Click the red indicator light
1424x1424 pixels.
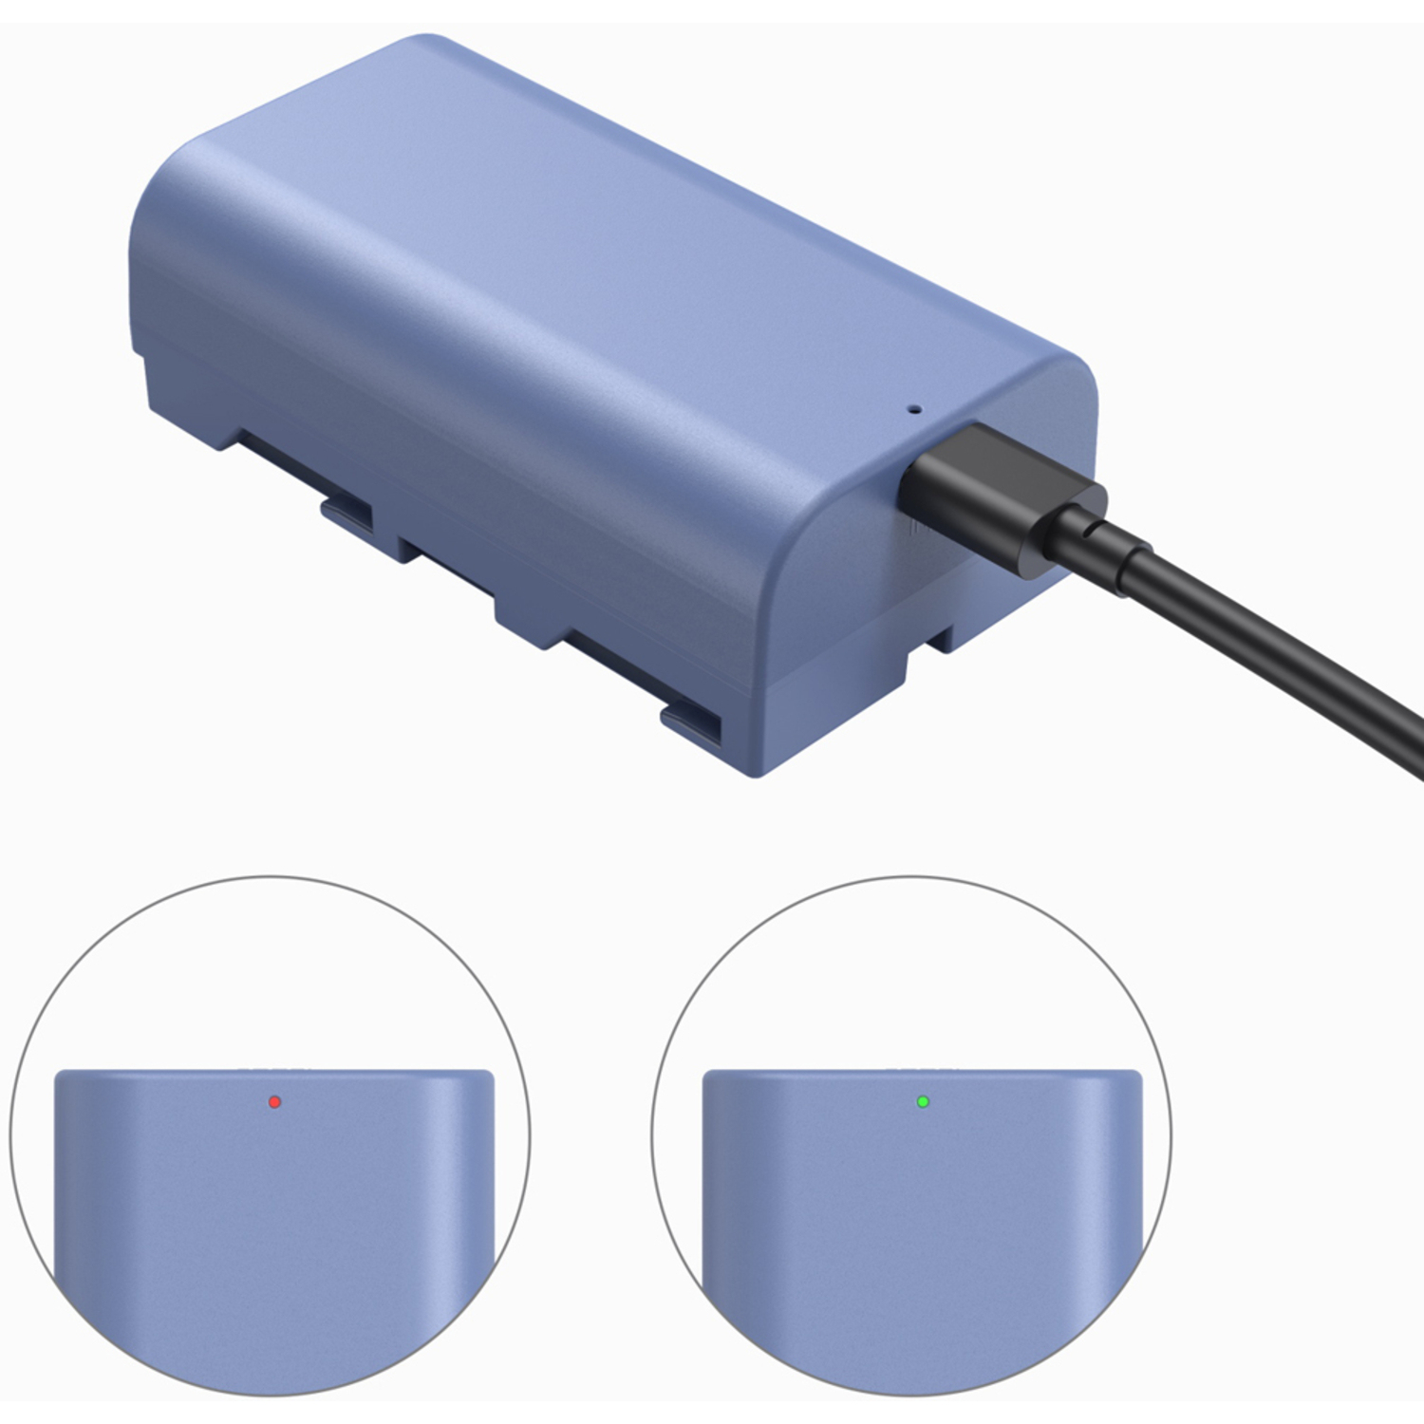click(x=274, y=1102)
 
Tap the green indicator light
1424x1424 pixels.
click(x=922, y=1102)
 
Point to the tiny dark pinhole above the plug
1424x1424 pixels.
click(x=915, y=410)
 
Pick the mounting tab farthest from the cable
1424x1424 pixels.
click(x=347, y=514)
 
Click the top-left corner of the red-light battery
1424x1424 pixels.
click(x=59, y=1076)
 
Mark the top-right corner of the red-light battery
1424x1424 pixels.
click(x=489, y=1076)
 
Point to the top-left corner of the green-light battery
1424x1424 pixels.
click(x=707, y=1076)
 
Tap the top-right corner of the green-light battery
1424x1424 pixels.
click(x=1136, y=1076)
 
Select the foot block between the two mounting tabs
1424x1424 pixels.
click(x=532, y=622)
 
